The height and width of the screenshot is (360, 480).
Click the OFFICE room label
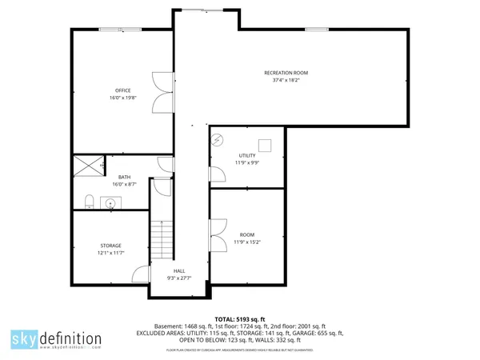[x=122, y=90]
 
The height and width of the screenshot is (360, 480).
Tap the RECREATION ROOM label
[x=286, y=73]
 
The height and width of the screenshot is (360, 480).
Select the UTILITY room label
[x=247, y=155]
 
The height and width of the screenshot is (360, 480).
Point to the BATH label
[x=124, y=177]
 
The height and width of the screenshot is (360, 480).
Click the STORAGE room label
[x=110, y=245]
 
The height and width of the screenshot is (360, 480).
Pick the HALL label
[x=179, y=272]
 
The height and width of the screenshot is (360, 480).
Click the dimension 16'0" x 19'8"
[x=122, y=98]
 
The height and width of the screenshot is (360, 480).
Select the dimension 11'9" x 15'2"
[x=247, y=242]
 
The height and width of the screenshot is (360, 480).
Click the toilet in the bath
[x=90, y=200]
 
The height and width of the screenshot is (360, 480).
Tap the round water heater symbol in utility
[x=218, y=141]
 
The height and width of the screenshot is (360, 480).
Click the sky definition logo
[x=57, y=339]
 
